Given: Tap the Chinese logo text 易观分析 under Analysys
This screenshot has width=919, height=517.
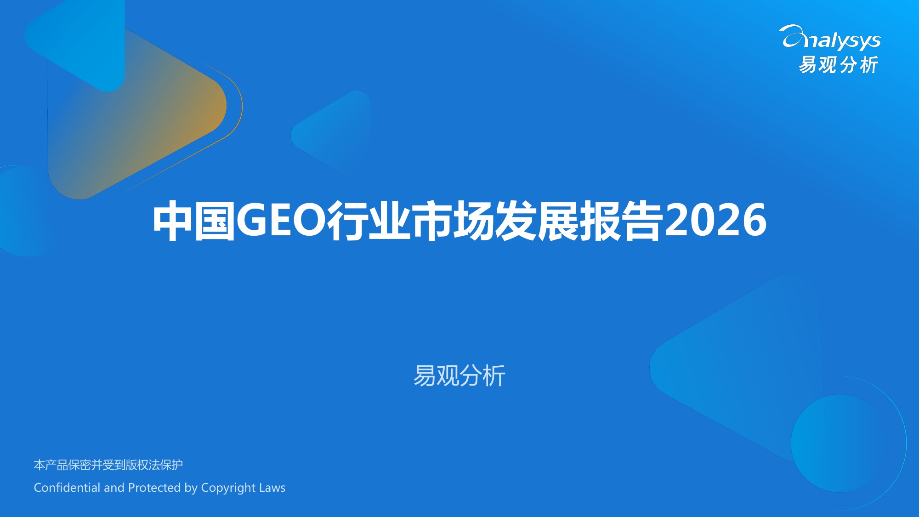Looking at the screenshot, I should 839,65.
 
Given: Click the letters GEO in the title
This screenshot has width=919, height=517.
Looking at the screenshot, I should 281,221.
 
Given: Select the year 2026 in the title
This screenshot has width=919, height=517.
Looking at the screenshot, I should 715,221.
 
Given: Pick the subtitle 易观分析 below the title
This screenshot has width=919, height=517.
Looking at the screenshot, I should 459,375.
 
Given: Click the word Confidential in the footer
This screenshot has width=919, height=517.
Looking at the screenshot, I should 67,488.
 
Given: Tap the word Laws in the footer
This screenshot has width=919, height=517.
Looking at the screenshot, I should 272,488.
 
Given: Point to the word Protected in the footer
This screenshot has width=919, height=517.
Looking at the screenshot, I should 154,488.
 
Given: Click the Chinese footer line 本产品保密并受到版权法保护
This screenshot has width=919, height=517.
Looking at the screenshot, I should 108,465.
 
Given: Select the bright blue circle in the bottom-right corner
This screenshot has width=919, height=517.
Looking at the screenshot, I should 839,443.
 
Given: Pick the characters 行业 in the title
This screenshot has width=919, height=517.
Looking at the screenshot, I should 368,221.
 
